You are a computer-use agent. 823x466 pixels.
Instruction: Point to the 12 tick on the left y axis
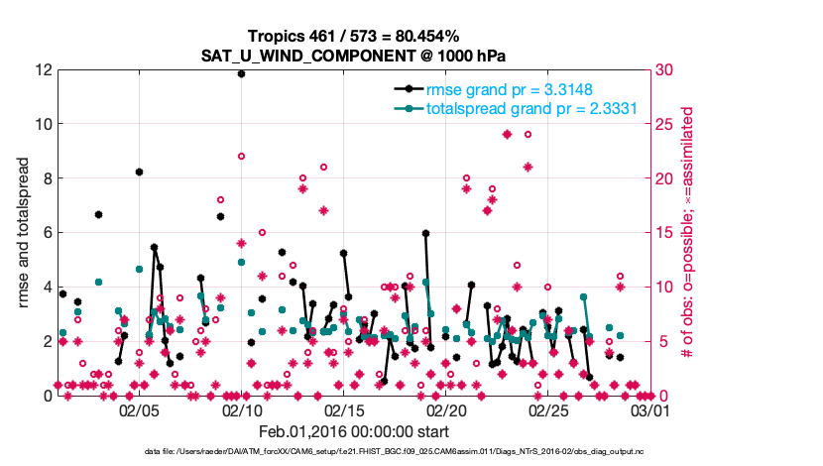click(x=44, y=70)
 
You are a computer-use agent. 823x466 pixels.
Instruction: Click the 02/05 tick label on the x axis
click(x=139, y=409)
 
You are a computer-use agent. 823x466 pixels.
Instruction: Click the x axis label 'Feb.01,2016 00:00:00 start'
click(x=355, y=431)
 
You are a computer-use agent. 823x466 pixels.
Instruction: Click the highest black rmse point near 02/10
click(x=241, y=73)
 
